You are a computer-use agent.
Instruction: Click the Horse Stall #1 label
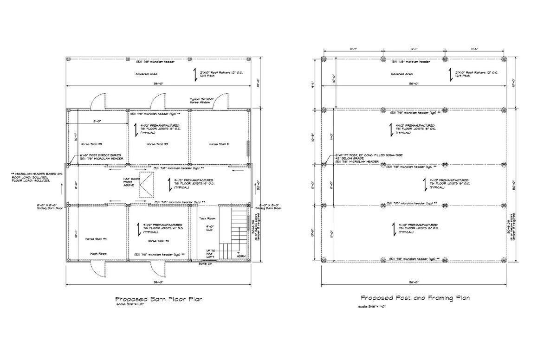[x=220, y=144]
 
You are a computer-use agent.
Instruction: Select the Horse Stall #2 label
[x=157, y=144]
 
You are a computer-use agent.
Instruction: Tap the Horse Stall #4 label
[x=97, y=239]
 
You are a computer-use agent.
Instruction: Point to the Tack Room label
[x=207, y=218]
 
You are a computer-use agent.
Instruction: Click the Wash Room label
[x=98, y=254]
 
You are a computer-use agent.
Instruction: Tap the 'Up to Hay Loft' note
[x=211, y=254]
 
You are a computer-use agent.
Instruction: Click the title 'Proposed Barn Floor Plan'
[x=158, y=299]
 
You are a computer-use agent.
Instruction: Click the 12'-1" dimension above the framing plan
[x=414, y=48]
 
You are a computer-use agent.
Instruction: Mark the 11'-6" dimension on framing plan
[x=474, y=48]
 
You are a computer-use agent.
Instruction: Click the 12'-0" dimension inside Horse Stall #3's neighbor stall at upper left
[x=97, y=122]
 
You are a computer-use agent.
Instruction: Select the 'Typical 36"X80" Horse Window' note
[x=201, y=101]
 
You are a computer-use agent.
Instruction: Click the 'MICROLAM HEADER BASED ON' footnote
[x=35, y=176]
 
